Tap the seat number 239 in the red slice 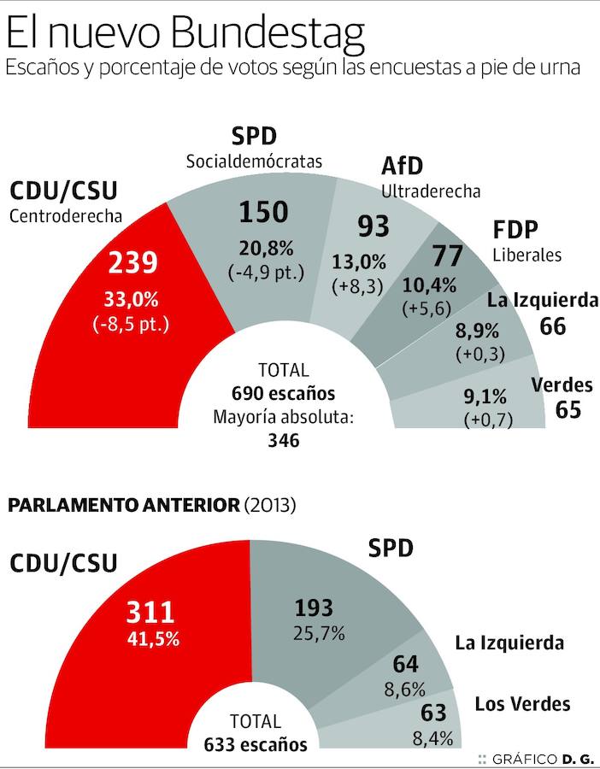tap(132, 262)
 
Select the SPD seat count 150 tap(263, 212)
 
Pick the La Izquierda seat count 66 tap(553, 326)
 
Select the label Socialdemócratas tap(255, 161)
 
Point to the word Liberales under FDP tap(527, 255)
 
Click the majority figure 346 tap(283, 441)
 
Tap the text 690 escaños tap(283, 394)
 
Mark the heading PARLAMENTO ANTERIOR tap(123, 505)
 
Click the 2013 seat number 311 tap(150, 612)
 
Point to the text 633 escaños tap(256, 744)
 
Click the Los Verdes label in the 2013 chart tap(522, 704)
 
